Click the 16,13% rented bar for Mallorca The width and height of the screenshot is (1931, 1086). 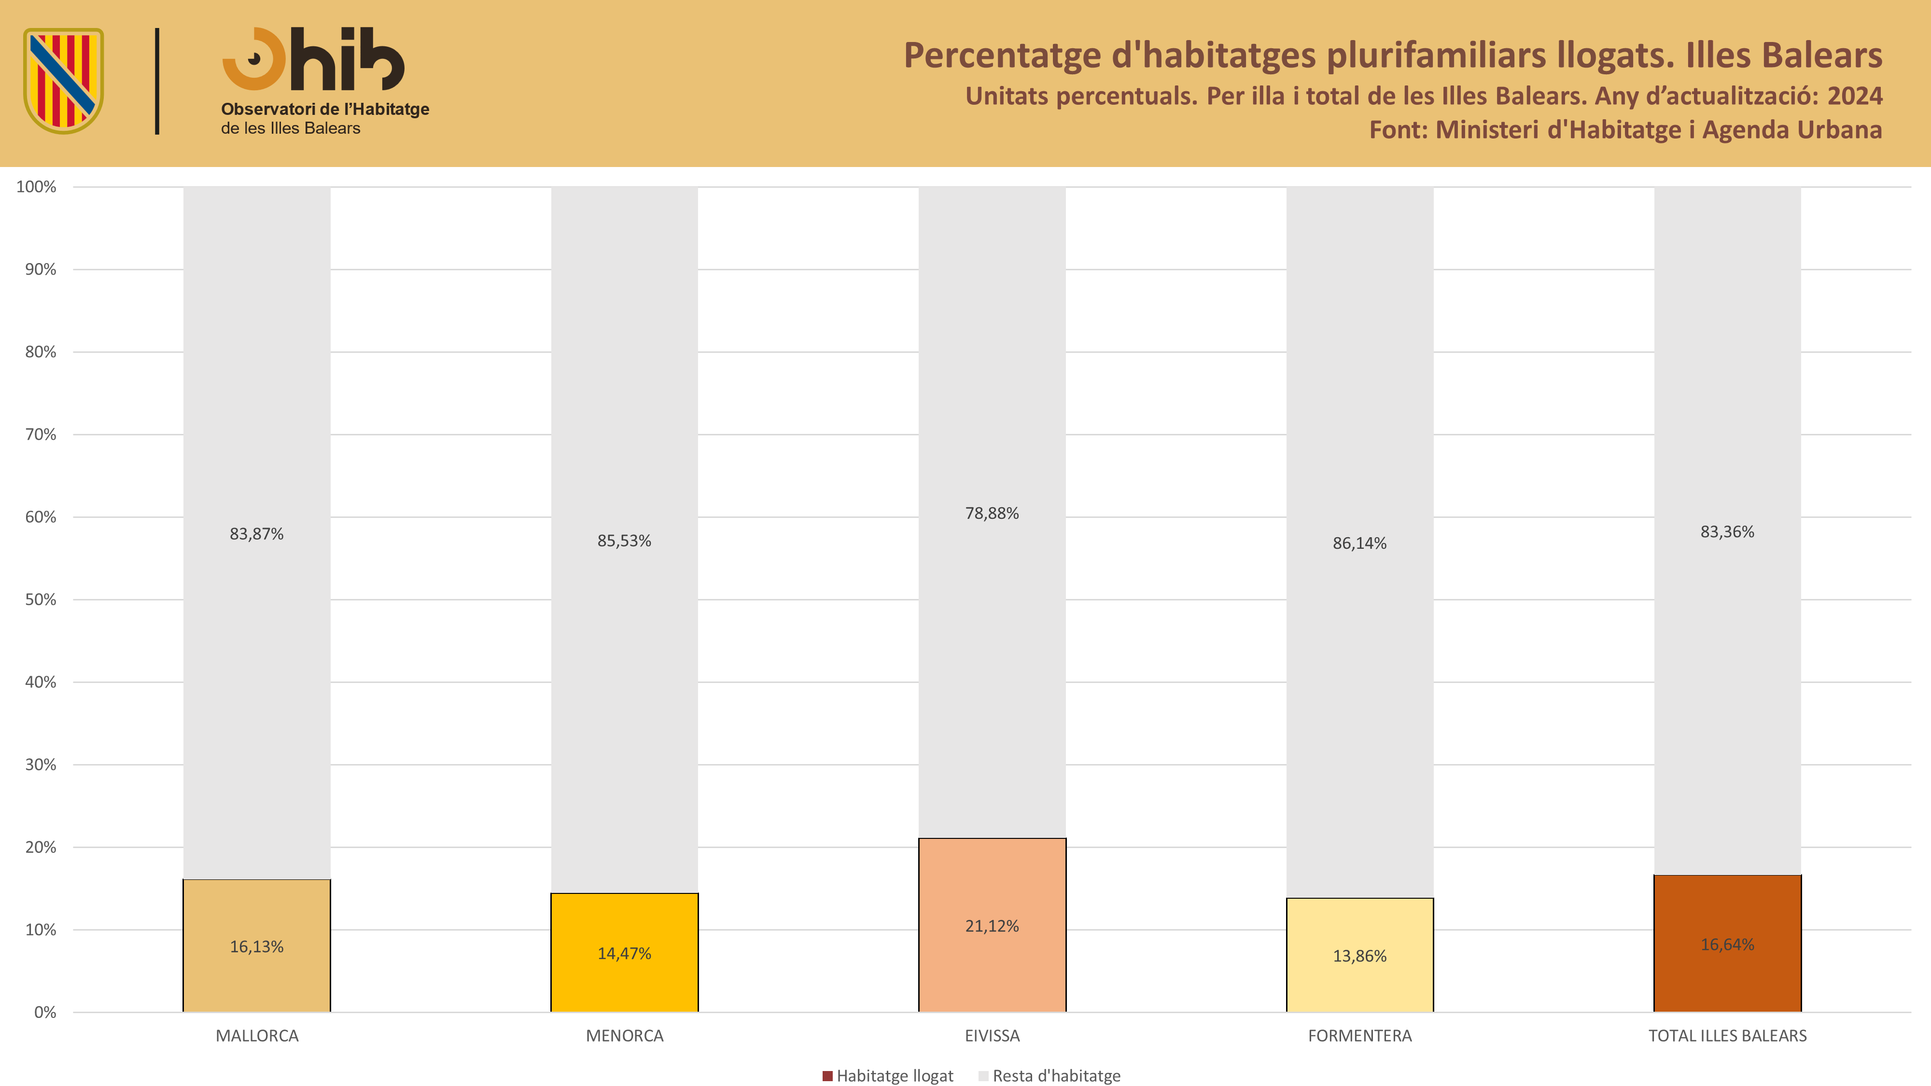[257, 946]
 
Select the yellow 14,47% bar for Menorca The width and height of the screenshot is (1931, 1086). [624, 953]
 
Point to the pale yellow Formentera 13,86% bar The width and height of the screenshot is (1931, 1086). [1360, 955]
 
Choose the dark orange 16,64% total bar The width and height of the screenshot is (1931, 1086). [1728, 944]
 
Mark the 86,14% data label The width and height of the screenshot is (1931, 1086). [1360, 543]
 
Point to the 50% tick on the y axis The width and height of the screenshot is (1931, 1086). [41, 599]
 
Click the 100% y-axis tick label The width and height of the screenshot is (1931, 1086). [37, 187]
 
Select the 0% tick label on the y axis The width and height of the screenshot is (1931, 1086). [45, 1013]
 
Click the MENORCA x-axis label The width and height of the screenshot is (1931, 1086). [624, 1036]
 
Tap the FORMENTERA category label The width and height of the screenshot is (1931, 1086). [1360, 1036]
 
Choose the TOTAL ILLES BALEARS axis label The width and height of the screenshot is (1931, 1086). [1728, 1036]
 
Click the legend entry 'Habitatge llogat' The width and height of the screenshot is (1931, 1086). [888, 1075]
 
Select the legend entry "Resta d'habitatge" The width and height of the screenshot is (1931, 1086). [1049, 1075]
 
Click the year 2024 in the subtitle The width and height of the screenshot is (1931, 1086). [1855, 96]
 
